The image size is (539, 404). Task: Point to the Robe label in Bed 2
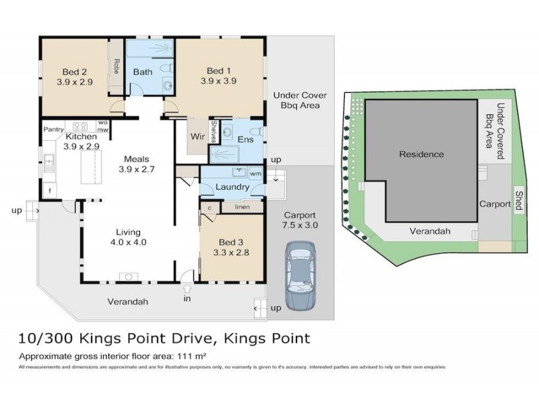[x=117, y=67]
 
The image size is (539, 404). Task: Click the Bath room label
[x=142, y=72]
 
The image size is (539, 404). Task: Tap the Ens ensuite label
[x=245, y=139]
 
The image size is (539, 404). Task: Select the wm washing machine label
[x=255, y=174]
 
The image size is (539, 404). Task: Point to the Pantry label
[x=53, y=129]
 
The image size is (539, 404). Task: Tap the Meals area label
[x=137, y=159]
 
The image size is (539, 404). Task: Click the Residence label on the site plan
[x=422, y=154]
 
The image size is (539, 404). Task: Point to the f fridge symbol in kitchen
[x=49, y=191]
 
